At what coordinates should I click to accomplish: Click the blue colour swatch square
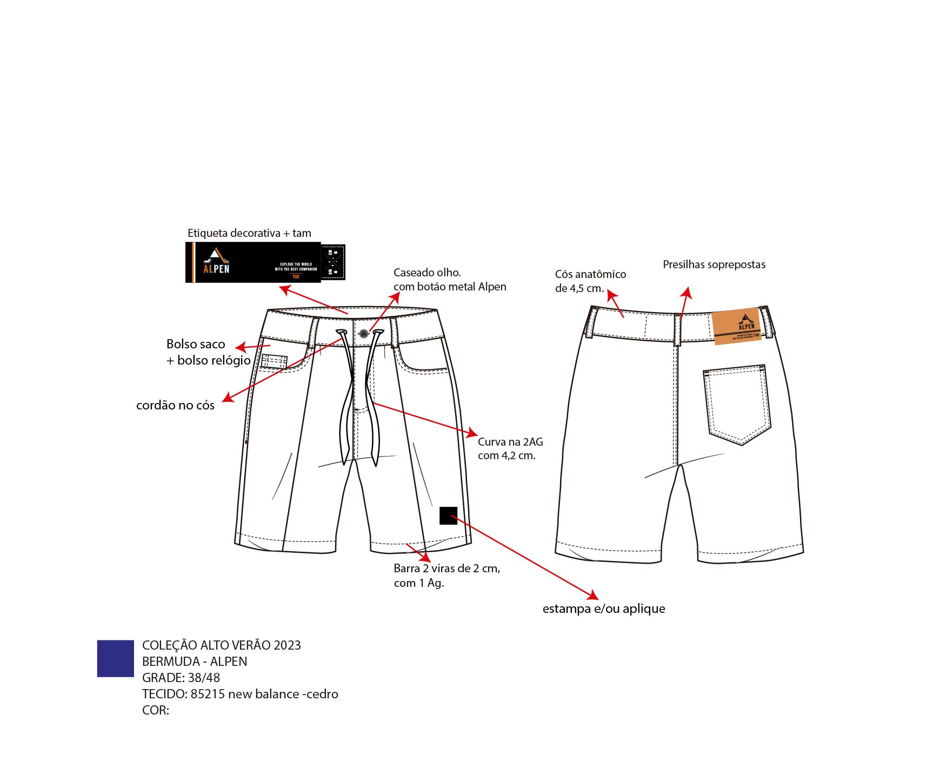115,658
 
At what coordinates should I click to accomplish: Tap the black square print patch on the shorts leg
448,515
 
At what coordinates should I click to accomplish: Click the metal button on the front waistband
364,334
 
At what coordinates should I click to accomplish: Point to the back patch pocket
737,402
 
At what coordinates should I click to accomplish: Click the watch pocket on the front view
274,361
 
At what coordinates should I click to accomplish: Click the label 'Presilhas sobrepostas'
714,265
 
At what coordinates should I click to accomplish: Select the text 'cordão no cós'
175,405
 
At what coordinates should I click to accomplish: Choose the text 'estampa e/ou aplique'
604,609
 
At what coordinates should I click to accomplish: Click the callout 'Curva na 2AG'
510,442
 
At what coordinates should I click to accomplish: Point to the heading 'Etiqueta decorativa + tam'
249,233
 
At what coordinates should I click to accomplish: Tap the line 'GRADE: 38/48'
181,678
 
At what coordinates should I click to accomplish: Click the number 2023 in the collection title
287,645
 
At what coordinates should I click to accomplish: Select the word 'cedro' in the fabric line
322,694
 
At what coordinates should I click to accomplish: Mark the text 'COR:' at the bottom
156,710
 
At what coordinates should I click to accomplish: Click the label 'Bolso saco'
196,344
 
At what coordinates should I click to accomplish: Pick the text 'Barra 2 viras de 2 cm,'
447,568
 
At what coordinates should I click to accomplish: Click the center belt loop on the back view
677,329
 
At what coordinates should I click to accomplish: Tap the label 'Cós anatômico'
590,274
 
